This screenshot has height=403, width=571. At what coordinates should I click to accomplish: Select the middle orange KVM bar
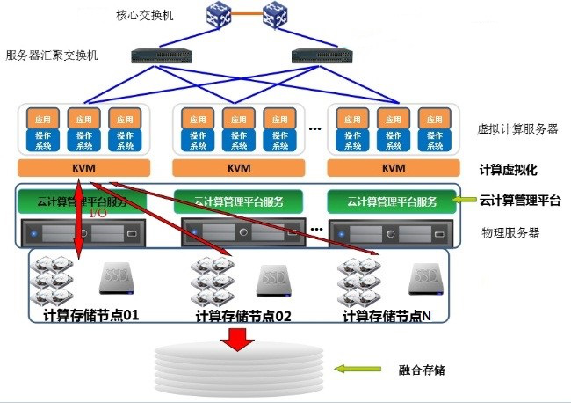tap(237, 169)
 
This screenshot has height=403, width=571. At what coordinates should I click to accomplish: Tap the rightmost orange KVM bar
tap(394, 169)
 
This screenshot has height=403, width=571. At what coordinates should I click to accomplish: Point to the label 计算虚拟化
tap(508, 169)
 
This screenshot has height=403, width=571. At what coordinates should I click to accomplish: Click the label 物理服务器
tap(510, 232)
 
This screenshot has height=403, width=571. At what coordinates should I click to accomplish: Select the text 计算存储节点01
tap(91, 314)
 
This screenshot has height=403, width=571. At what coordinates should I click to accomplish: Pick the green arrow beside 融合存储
tap(360, 369)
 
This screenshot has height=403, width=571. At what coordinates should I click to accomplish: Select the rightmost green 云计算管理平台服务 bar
tap(392, 201)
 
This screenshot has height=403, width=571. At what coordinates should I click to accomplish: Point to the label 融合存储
tap(422, 369)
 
